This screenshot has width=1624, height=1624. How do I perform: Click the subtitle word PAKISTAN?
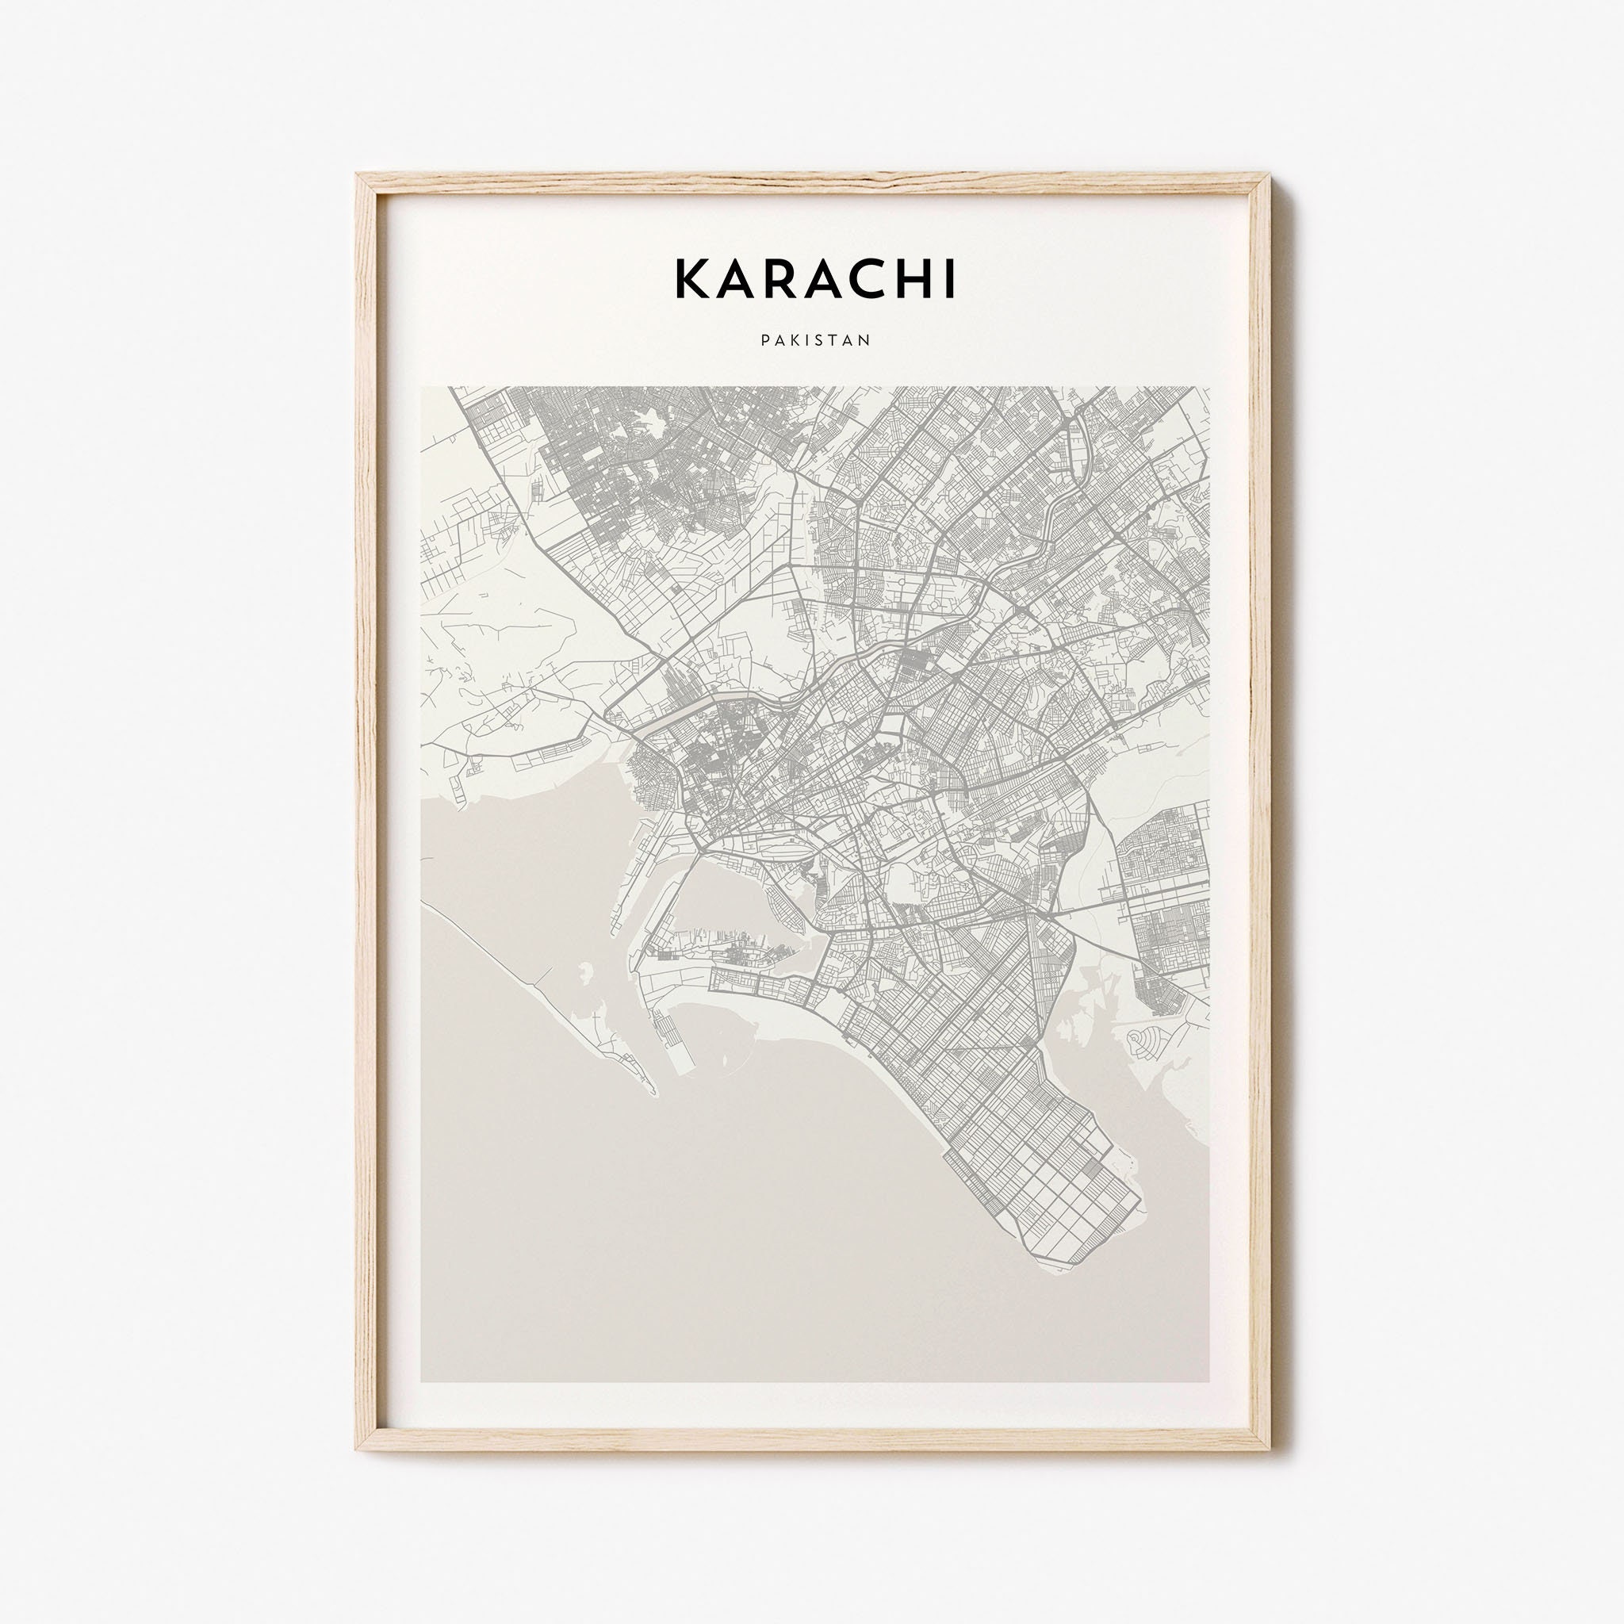(x=814, y=340)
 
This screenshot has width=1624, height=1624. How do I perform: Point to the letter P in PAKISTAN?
(x=765, y=340)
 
